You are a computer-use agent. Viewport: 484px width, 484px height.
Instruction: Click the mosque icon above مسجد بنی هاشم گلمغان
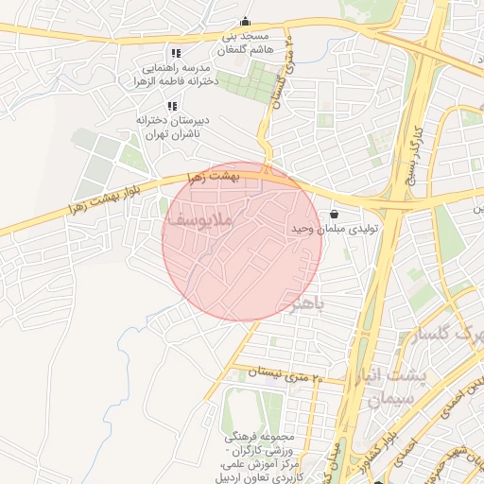246,22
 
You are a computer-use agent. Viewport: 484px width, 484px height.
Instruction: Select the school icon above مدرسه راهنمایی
175,53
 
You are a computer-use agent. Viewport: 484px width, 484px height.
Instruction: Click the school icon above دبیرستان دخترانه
171,106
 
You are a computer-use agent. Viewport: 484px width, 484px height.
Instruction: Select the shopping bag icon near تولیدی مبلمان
336,215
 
